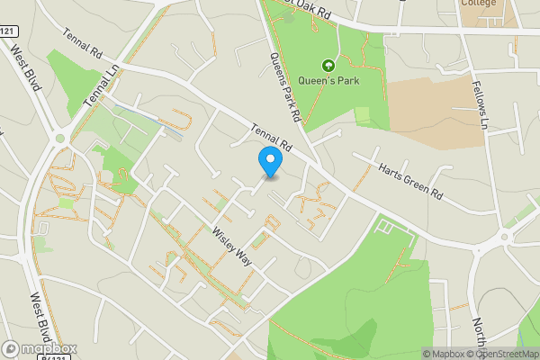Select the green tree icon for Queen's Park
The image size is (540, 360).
[328, 66]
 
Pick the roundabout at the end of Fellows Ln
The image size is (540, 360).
[505, 237]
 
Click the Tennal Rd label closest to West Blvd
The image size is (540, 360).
[82, 46]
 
